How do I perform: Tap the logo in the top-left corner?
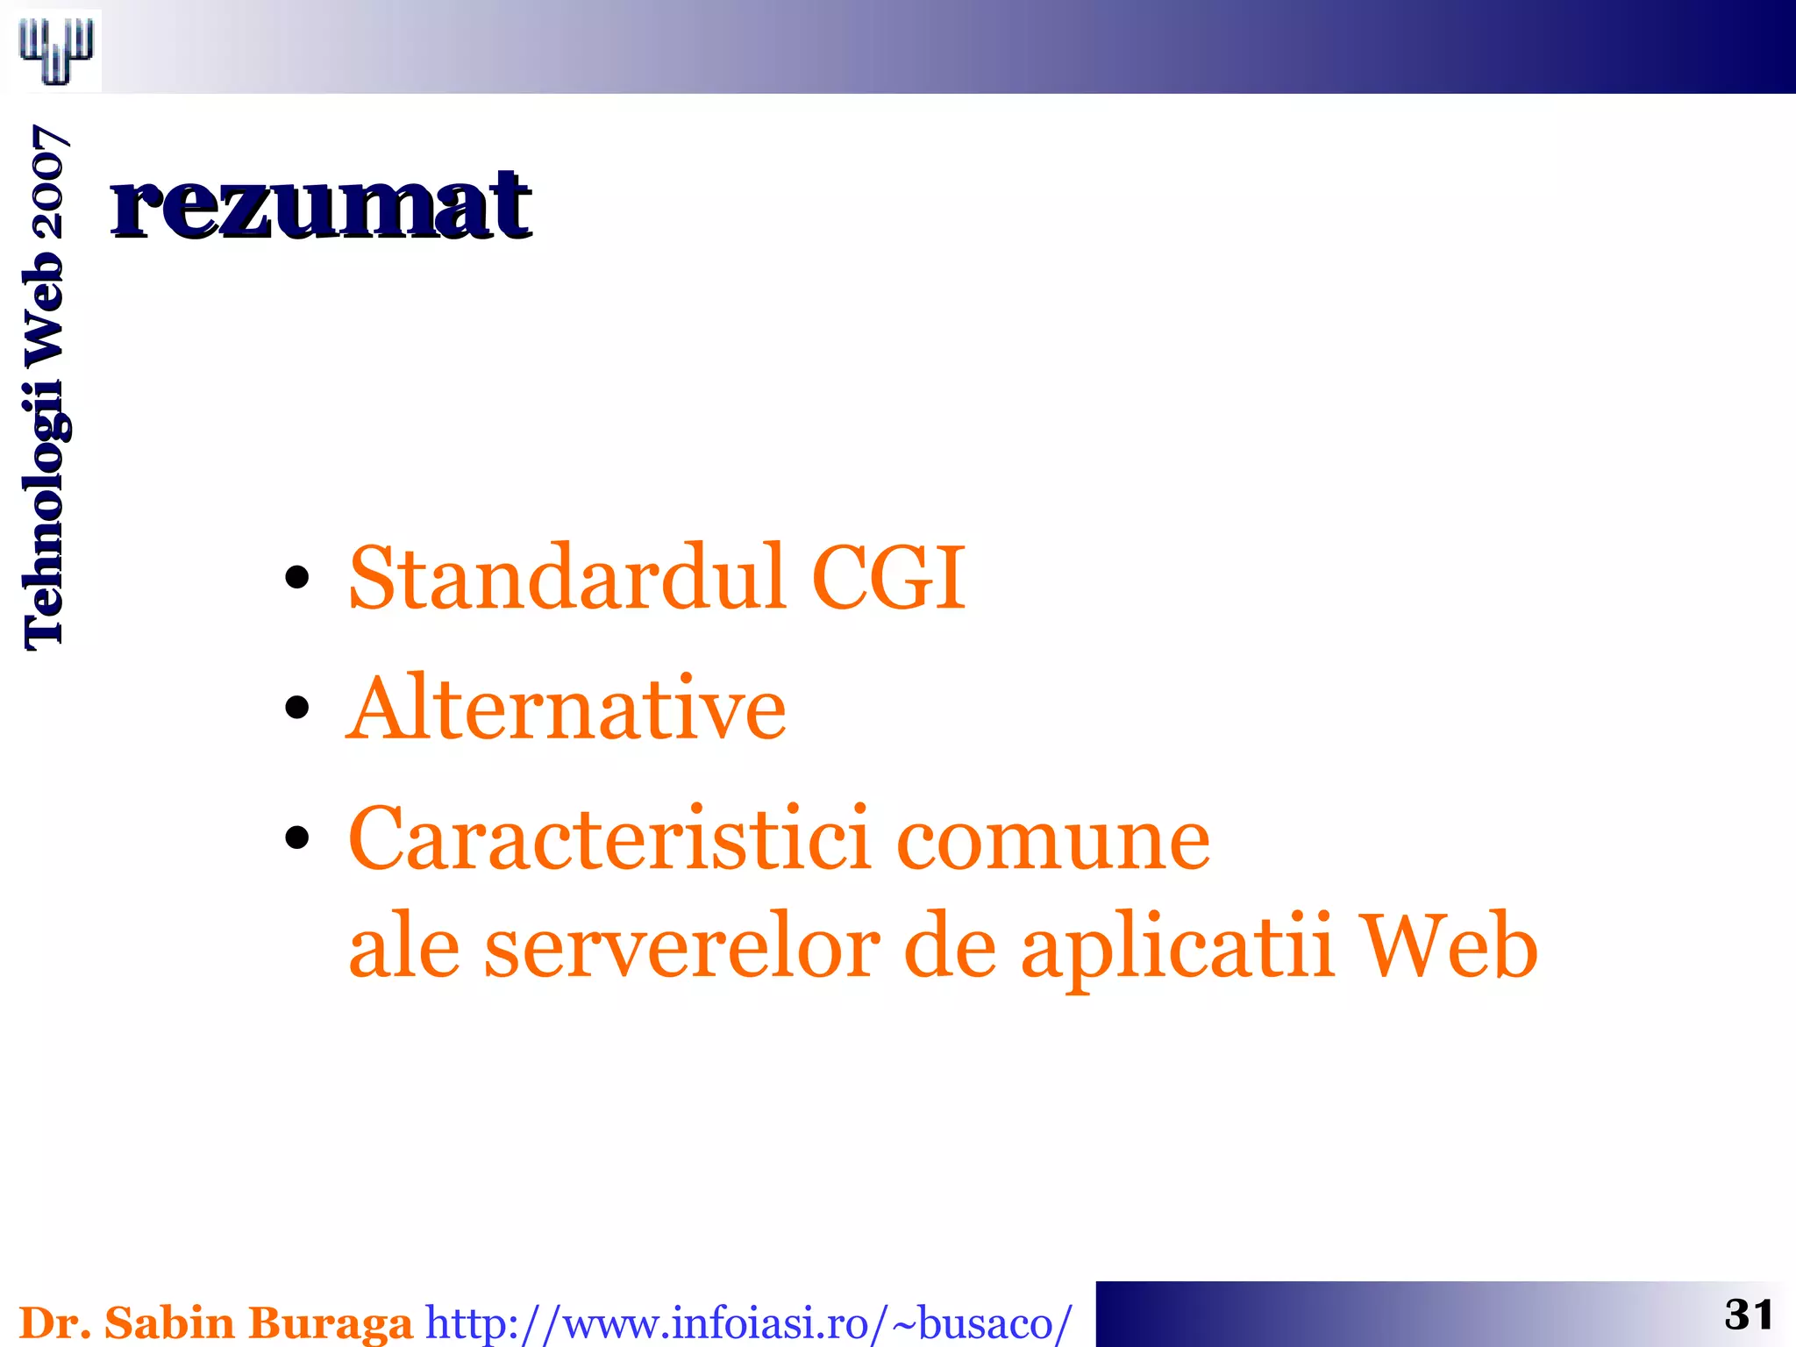click(x=56, y=50)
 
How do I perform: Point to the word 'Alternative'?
click(x=567, y=708)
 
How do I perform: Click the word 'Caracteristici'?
click(x=610, y=838)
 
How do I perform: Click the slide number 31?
click(x=1749, y=1315)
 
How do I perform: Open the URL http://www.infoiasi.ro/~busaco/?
click(x=748, y=1322)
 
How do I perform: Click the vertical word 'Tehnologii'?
click(x=44, y=517)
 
